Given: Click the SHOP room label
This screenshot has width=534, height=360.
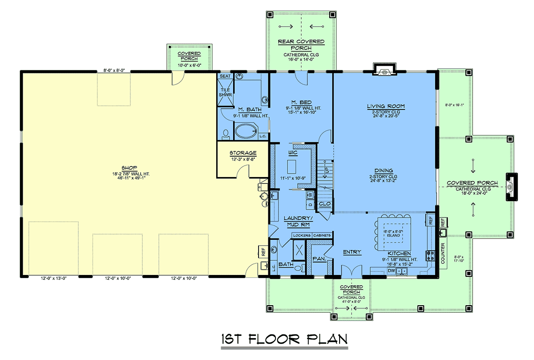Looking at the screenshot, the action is (x=129, y=168).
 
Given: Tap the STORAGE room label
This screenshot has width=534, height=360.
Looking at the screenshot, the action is (x=243, y=153).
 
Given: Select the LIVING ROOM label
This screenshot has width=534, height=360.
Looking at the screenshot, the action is (x=386, y=106).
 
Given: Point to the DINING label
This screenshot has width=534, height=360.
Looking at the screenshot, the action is (x=384, y=171).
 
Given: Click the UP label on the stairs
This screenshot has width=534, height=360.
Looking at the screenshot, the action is (x=327, y=170).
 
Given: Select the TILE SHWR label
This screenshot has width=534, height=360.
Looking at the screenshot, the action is (x=225, y=92).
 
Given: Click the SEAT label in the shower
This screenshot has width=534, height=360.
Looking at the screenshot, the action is (x=225, y=76).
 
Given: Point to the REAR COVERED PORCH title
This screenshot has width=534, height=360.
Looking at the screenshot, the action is (x=301, y=45).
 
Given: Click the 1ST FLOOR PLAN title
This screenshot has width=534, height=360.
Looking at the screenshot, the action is (x=284, y=339).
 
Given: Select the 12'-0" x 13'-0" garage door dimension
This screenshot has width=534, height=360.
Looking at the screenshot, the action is (x=54, y=278).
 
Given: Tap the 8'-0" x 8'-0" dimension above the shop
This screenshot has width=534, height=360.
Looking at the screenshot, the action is (x=114, y=71).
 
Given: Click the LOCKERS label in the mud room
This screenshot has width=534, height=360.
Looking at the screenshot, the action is (x=302, y=235).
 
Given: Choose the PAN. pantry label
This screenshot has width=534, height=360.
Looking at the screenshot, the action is (x=319, y=259).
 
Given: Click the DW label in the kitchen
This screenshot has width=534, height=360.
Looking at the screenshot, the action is (x=391, y=271).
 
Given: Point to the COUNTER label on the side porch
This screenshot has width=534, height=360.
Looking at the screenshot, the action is (x=443, y=254).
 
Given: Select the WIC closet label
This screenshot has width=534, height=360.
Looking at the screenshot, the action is (x=293, y=153).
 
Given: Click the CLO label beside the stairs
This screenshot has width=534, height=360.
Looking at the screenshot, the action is (x=324, y=204).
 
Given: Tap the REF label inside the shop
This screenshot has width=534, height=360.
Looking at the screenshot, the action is (x=263, y=252).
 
